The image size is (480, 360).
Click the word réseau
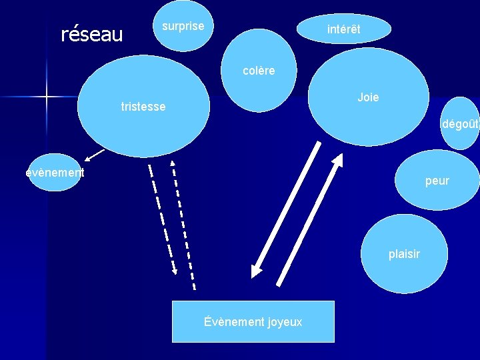92,33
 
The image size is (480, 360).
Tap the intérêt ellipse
343,29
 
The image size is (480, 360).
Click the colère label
259,71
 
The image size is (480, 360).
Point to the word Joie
368,97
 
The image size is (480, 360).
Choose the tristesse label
143,107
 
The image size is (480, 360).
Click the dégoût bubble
460,123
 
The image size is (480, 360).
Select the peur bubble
437,180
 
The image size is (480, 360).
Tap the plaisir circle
405,254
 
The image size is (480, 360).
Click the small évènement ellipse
55,172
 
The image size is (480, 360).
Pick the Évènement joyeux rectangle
253,322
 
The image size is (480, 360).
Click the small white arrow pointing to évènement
95,156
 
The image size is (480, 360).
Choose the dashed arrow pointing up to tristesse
183,223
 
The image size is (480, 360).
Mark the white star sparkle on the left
47,97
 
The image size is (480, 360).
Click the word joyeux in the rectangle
285,322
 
